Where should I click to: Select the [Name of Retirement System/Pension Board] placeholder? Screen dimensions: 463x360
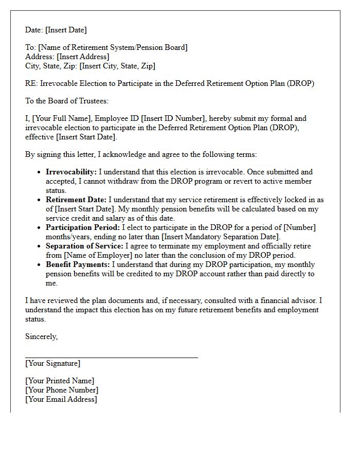coord(113,47)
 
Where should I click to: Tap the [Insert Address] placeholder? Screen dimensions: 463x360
coord(83,57)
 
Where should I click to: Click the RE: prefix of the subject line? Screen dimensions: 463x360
coord(31,83)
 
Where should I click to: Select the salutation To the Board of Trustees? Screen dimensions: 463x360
coord(67,101)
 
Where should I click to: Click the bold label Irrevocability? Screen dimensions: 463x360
coord(71,172)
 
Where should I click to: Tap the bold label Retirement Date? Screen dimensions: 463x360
coord(76,200)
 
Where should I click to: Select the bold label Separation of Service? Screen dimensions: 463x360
coord(84,246)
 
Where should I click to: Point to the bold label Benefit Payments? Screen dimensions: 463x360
coord(78,264)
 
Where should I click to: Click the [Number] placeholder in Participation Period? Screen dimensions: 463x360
coord(299,227)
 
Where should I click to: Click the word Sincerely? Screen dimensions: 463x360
coord(41,336)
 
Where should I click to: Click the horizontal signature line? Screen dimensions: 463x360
coord(111,357)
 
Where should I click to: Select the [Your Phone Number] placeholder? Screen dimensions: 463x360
coord(62,390)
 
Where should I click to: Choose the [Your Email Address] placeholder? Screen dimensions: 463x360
coord(61,399)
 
